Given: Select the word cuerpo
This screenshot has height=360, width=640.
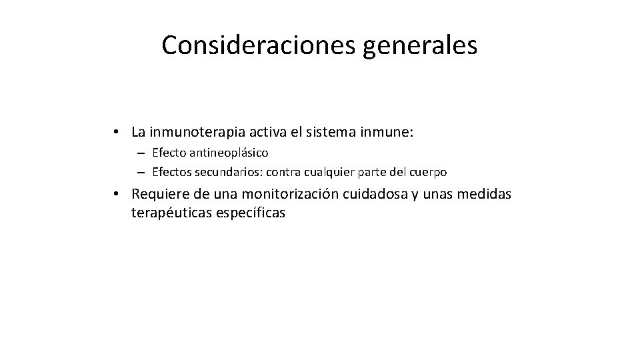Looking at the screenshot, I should [x=427, y=172].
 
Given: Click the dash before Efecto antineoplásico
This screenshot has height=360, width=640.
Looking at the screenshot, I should [x=141, y=153].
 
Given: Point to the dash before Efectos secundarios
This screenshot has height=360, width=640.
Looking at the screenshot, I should [x=141, y=172].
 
